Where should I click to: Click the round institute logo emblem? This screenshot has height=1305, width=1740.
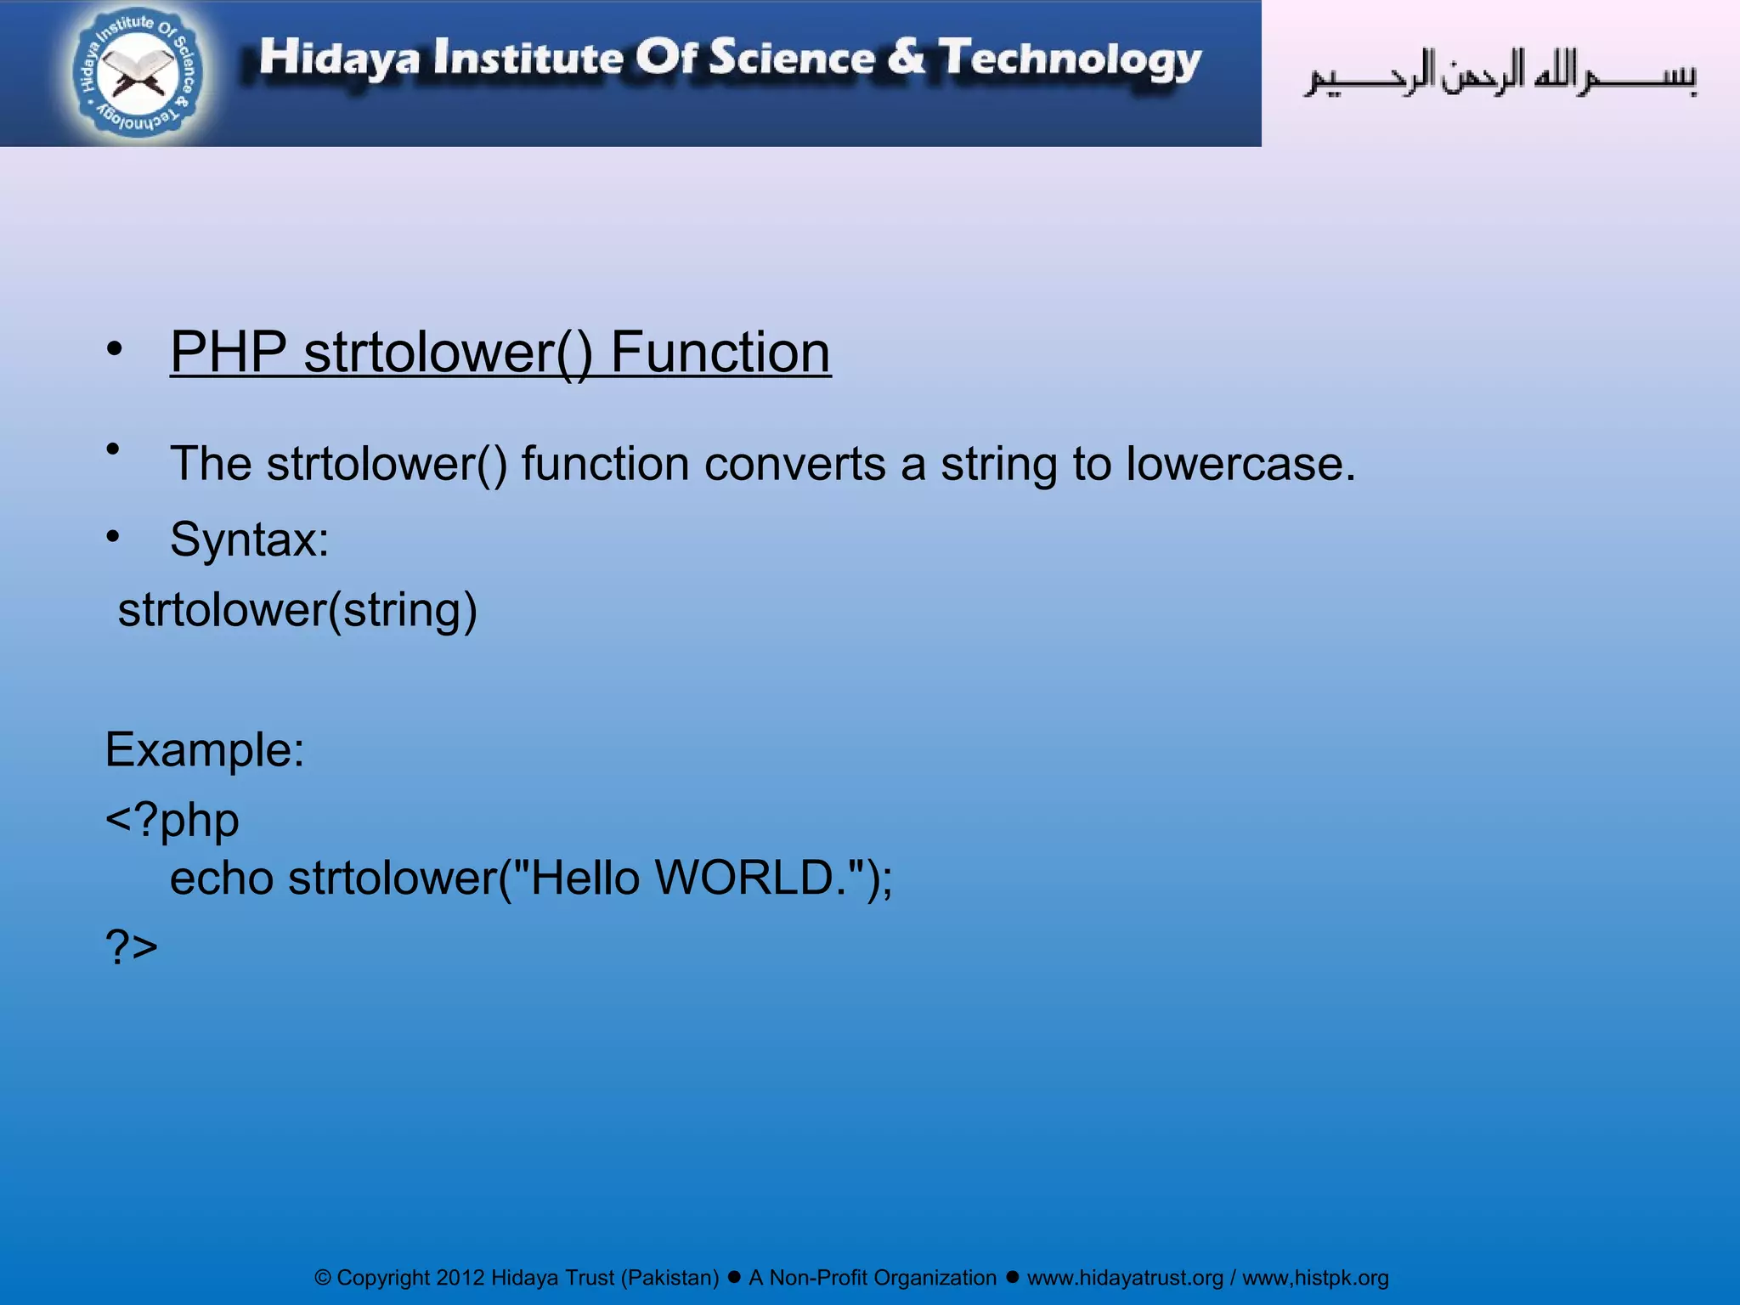point(138,73)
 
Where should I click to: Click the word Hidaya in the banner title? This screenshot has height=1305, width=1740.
point(339,58)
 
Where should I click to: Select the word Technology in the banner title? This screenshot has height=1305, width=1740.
point(1070,59)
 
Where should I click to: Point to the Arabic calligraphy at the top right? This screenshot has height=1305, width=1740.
point(1500,74)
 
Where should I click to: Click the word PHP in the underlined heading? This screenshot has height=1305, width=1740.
point(229,352)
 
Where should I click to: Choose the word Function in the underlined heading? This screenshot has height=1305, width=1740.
point(720,352)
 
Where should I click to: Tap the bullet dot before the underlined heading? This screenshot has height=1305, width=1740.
point(114,348)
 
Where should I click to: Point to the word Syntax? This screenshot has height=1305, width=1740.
point(249,539)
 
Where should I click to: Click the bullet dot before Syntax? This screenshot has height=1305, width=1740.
point(113,536)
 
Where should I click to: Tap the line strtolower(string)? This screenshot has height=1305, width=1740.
point(297,610)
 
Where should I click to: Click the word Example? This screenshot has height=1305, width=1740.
point(204,749)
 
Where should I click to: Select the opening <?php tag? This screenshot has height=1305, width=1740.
point(172,820)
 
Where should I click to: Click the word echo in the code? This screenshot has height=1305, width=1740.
point(221,878)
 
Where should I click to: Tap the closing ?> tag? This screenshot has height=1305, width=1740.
point(132,946)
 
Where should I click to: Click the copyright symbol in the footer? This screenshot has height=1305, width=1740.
point(323,1278)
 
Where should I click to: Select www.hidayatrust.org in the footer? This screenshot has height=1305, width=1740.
point(1125,1278)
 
